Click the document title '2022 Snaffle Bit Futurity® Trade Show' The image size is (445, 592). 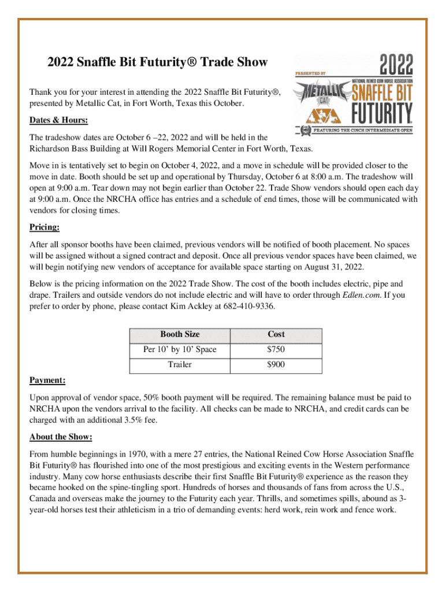149,62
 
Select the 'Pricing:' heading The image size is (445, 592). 44,227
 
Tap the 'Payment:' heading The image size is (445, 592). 47,380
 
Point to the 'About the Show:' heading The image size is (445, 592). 61,436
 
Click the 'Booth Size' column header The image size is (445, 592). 180,334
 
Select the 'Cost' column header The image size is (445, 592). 276,334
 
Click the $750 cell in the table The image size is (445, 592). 276,350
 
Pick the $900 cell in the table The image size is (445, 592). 276,365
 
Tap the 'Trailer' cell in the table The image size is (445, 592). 180,365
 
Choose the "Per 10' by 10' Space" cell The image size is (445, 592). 180,350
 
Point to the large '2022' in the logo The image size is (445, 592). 396,64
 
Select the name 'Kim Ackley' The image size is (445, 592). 192,306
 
